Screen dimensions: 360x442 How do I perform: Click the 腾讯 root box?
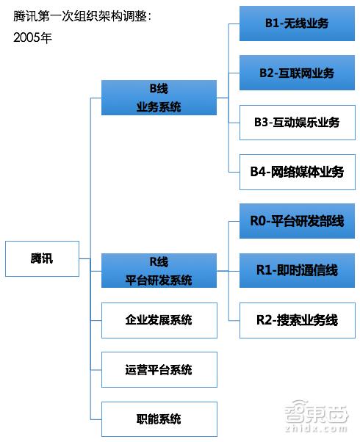click(42, 258)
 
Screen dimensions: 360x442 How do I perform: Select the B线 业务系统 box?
click(159, 98)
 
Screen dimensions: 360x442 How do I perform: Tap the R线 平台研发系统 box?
click(159, 271)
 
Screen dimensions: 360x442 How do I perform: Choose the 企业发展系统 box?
click(159, 320)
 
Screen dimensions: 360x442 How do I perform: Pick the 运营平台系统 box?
click(159, 369)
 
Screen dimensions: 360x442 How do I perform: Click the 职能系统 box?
click(159, 419)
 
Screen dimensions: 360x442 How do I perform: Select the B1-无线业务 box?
click(297, 23)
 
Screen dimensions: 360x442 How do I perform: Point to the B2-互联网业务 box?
click(297, 73)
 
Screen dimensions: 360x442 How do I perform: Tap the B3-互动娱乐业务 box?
click(298, 123)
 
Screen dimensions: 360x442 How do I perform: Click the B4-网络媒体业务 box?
click(298, 172)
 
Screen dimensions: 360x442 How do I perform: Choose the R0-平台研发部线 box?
click(297, 221)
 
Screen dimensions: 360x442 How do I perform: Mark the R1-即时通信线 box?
click(297, 271)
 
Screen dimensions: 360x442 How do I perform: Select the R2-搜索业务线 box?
click(298, 320)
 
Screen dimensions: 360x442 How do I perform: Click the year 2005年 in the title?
click(32, 37)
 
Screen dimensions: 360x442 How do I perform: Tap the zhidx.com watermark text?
click(316, 429)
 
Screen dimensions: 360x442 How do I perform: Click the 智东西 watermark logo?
click(316, 412)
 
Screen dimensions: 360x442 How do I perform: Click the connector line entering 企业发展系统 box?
click(96, 320)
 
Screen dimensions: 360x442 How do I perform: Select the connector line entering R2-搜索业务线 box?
click(234, 321)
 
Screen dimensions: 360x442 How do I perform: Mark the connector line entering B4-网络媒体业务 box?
click(234, 172)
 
